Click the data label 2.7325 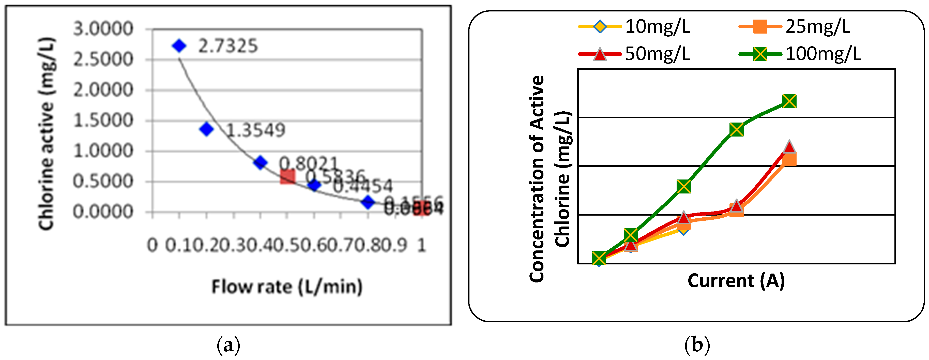pos(228,46)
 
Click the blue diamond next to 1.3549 pos(206,129)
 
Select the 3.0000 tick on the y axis pos(103,29)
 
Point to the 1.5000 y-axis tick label pos(103,121)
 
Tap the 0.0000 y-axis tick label pos(103,212)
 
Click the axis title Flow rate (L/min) pos(287,287)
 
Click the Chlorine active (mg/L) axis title pos(47,133)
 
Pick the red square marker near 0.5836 pos(287,177)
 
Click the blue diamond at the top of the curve pos(179,46)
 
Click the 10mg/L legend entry pos(635,27)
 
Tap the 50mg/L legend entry pos(635,54)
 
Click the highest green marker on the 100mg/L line pos(789,101)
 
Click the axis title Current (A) pos(736,281)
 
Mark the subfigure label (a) pos(228,345)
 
